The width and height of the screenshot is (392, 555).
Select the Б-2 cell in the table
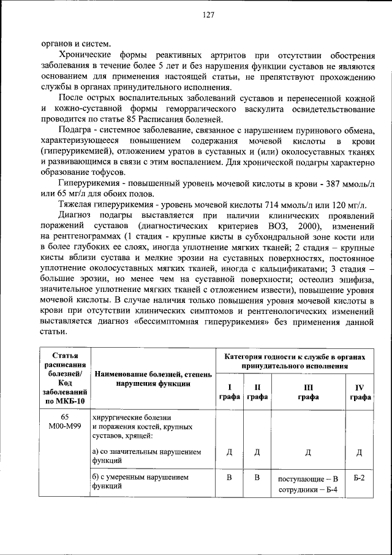(360, 477)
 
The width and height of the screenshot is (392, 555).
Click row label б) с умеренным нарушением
(140, 477)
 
